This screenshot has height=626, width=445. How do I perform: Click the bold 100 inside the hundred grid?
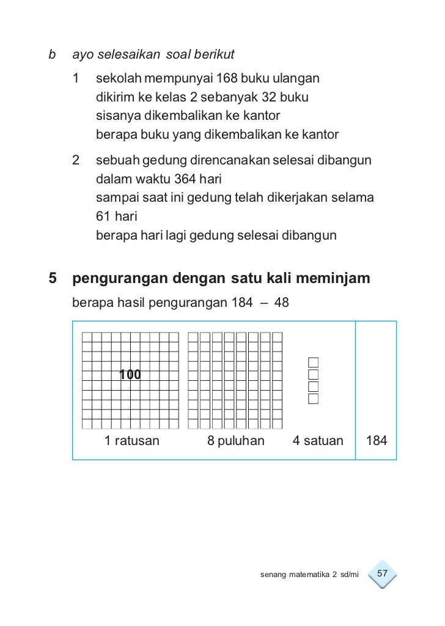(130, 375)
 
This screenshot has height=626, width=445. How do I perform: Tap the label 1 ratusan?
(131, 440)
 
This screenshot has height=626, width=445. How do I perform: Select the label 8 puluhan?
(236, 440)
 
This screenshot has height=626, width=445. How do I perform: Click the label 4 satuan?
(318, 440)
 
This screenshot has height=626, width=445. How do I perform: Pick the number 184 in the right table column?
(376, 440)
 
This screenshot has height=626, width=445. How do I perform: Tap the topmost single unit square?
(314, 361)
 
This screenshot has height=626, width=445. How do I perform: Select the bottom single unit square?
(314, 399)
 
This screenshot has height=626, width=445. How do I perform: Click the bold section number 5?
(53, 280)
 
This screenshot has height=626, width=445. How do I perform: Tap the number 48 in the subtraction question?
(282, 303)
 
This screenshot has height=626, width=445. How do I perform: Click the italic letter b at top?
(51, 55)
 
